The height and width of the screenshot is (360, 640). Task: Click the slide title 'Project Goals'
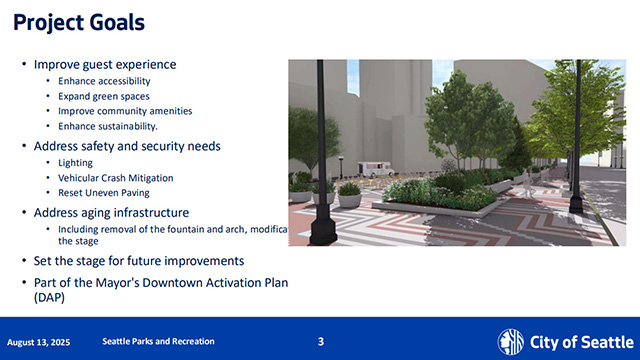pyautogui.click(x=78, y=21)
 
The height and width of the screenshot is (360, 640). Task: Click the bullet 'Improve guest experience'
pyautogui.click(x=104, y=65)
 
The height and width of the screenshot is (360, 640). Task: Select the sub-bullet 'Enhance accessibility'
pyautogui.click(x=104, y=81)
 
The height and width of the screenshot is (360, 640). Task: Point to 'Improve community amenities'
pyautogui.click(x=125, y=111)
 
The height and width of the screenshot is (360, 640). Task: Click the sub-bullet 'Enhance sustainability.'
pyautogui.click(x=108, y=126)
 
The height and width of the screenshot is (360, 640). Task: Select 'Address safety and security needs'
pyautogui.click(x=127, y=146)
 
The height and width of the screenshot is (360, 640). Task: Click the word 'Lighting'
pyautogui.click(x=76, y=163)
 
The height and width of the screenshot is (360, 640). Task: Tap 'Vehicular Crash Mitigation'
pyautogui.click(x=115, y=178)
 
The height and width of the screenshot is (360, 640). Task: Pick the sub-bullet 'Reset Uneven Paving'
pyautogui.click(x=103, y=193)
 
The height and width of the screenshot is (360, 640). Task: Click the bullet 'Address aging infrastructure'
pyautogui.click(x=112, y=213)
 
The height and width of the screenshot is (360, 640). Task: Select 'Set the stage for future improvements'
pyautogui.click(x=138, y=261)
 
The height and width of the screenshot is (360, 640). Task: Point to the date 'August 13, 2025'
pyautogui.click(x=44, y=342)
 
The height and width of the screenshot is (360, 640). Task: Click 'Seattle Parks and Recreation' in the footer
pyautogui.click(x=158, y=342)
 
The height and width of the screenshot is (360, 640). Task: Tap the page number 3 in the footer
pyautogui.click(x=320, y=342)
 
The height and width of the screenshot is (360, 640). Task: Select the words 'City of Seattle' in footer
pyautogui.click(x=577, y=341)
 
